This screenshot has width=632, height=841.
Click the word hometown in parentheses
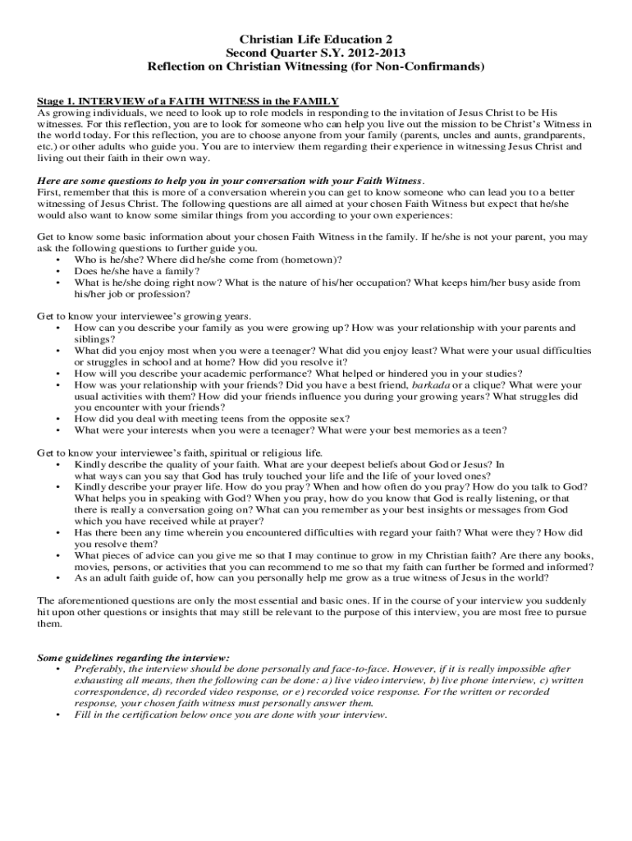pyautogui.click(x=307, y=259)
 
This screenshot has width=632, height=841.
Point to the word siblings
pyautogui.click(x=92, y=338)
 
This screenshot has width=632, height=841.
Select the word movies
pyautogui.click(x=92, y=567)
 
